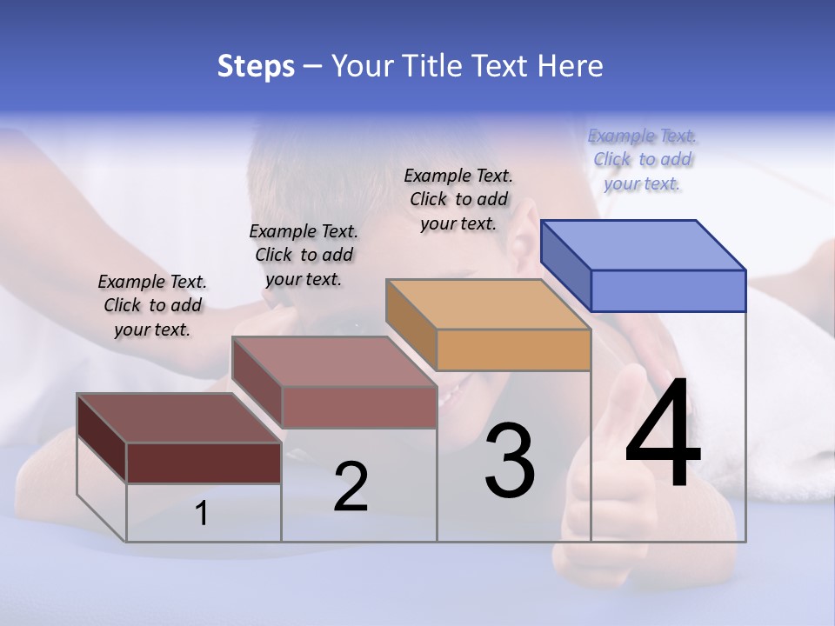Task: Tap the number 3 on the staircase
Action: coord(510,460)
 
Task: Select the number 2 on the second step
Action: coord(351,487)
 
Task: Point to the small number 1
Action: coord(202,514)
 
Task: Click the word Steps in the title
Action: coord(256,66)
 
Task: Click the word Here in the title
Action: coord(571,66)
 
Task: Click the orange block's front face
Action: coord(513,350)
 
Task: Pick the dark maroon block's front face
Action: coord(204,463)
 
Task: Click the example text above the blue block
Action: coord(642,159)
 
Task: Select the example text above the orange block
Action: coord(458,199)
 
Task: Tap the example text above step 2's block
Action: coord(304,255)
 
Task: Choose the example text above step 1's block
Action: coord(152,305)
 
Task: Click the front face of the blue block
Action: coord(668,290)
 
